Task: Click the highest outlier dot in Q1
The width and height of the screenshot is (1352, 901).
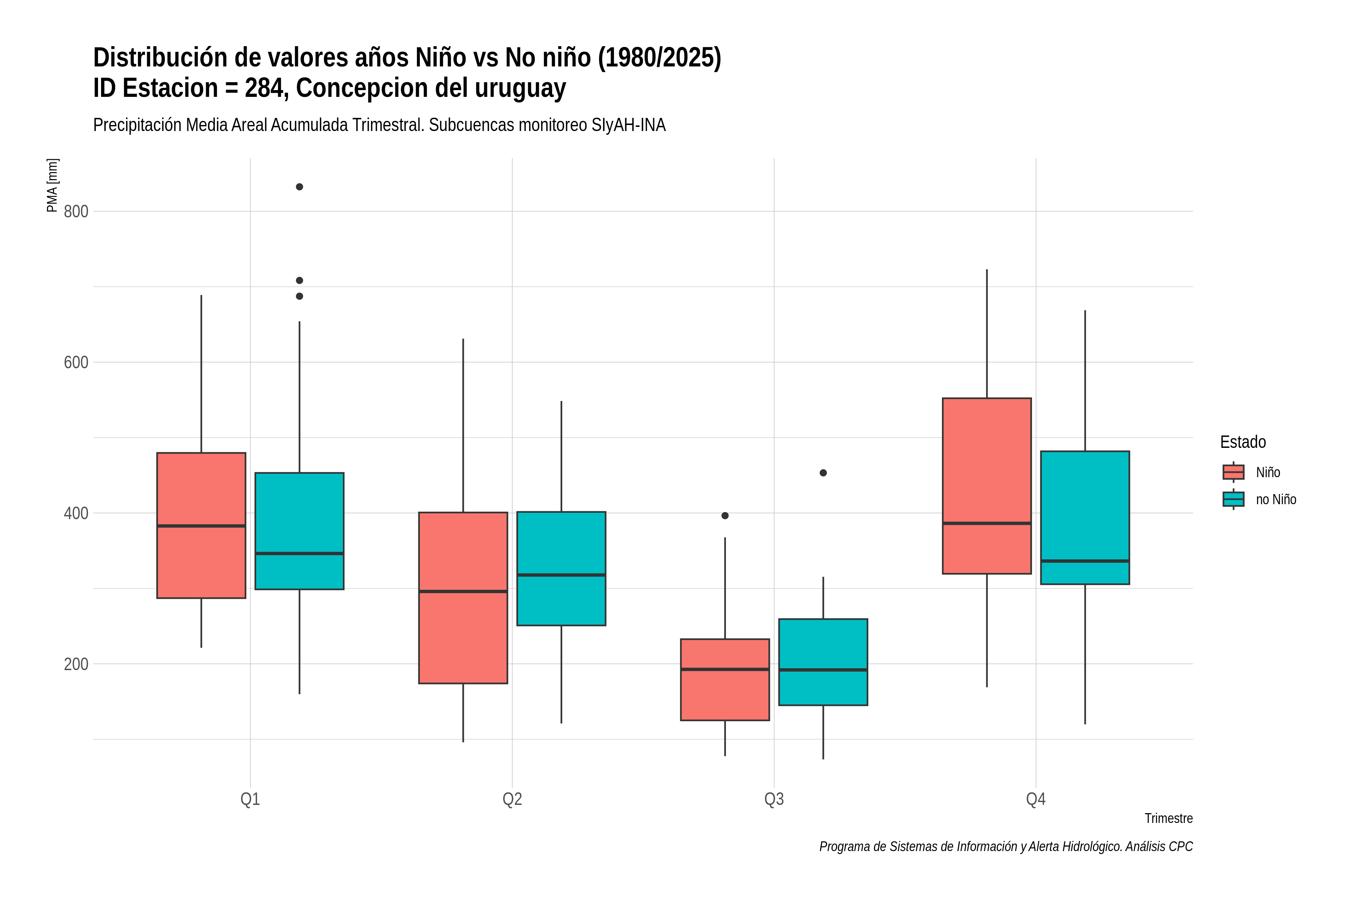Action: coord(299,187)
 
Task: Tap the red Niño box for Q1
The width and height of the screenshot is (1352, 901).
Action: coord(201,525)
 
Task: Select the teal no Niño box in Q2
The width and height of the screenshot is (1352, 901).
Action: coord(561,568)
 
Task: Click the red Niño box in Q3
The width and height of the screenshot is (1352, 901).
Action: coord(725,679)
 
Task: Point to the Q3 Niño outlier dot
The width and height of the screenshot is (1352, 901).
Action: coord(725,515)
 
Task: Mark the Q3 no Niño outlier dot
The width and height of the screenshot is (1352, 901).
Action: coord(823,473)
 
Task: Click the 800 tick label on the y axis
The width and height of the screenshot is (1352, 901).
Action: coord(76,211)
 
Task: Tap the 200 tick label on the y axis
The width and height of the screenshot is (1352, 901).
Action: coord(76,664)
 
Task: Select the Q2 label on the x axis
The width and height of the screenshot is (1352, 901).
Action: coord(512,799)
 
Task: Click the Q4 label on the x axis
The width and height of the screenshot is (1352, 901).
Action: coord(1036,799)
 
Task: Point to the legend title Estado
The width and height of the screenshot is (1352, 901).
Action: coord(1243,442)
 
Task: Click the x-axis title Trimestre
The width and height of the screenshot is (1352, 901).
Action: coord(1169,818)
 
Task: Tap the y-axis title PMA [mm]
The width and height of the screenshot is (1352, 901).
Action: coord(52,185)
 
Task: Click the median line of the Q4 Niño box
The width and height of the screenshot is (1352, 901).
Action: coord(987,523)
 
